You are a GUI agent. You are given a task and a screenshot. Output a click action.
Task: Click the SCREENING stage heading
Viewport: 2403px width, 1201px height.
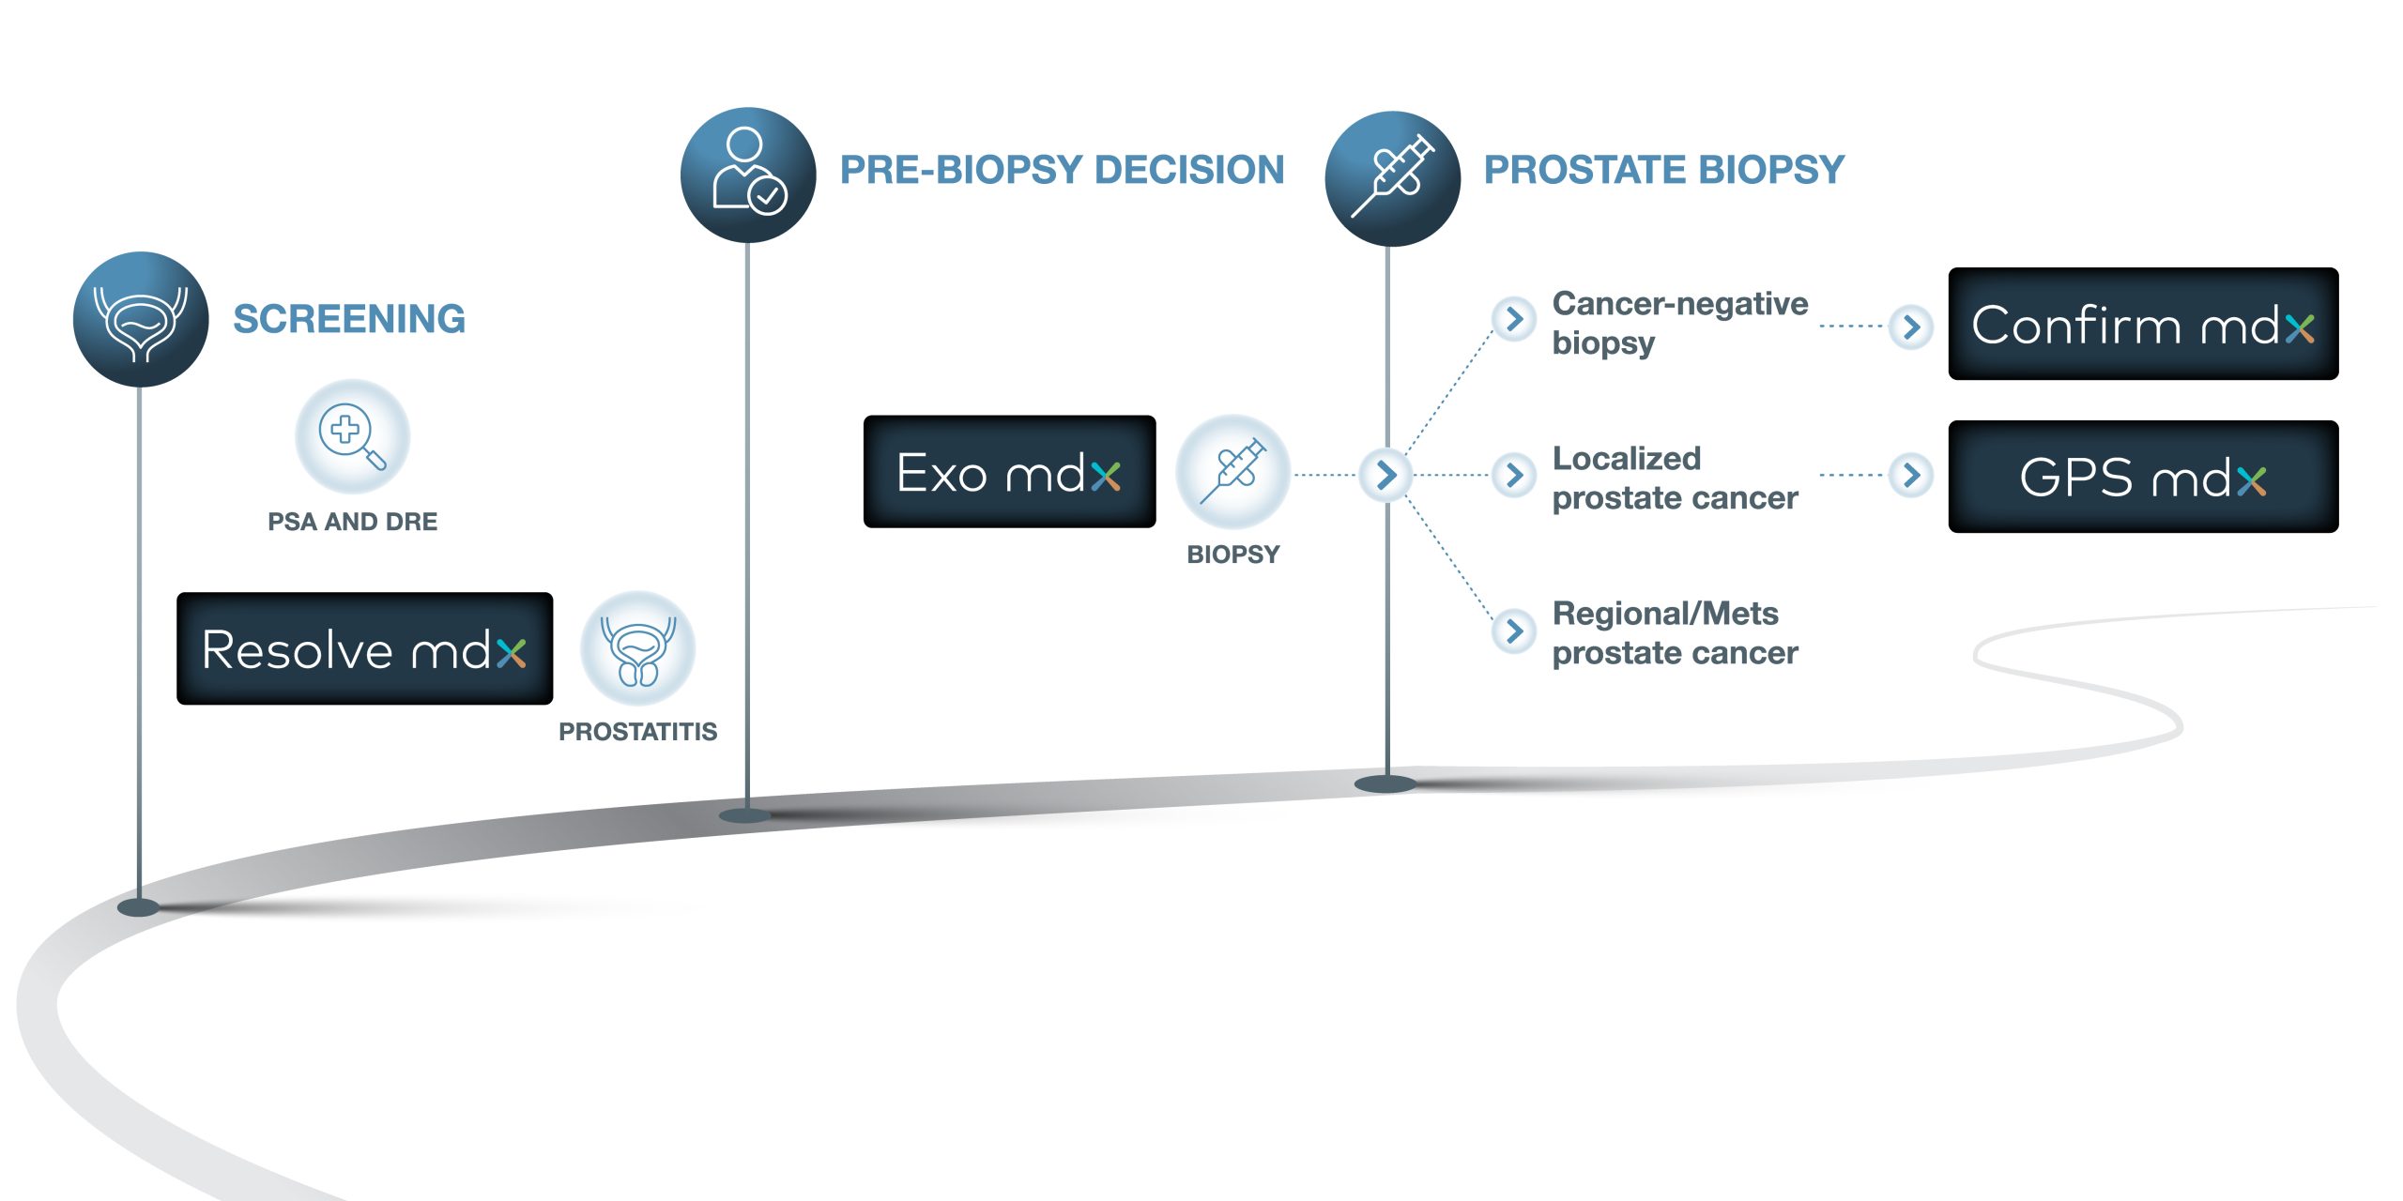coord(349,319)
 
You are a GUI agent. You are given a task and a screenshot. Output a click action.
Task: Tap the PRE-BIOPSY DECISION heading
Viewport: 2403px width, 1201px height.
coord(1062,170)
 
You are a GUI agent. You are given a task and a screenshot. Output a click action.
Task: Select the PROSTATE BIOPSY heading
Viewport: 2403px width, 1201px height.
coord(1663,170)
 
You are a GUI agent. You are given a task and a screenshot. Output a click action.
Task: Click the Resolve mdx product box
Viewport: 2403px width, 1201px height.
coord(364,648)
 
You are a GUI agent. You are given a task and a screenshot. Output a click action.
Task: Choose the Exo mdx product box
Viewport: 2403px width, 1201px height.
coord(1009,472)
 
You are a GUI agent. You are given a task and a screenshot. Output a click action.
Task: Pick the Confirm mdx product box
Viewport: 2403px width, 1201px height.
coord(2142,325)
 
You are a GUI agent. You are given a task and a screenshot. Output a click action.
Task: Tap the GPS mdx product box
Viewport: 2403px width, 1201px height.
coord(2142,477)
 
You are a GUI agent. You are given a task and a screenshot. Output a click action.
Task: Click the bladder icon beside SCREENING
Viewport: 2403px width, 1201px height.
coord(141,319)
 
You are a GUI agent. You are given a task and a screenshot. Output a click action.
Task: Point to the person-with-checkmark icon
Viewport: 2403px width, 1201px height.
coord(747,175)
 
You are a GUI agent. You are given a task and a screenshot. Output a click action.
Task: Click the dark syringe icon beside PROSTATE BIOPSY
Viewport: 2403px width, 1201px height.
coord(1392,179)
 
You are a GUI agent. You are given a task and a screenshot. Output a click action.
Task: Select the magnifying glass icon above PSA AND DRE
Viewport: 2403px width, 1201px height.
coord(352,436)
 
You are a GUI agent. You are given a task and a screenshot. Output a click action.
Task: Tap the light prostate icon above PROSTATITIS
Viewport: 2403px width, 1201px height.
coord(637,648)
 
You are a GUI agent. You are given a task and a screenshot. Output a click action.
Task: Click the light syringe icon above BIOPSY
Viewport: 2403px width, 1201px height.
coord(1232,472)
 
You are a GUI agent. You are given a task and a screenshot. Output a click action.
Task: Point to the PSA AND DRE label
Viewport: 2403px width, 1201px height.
coord(352,522)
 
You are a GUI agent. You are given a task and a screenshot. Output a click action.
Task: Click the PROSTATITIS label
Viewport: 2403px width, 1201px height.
coord(637,732)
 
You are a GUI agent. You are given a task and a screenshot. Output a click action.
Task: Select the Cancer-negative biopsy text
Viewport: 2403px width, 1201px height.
coord(1678,323)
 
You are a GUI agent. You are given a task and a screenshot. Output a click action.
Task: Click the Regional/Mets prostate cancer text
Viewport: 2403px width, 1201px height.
coord(1674,632)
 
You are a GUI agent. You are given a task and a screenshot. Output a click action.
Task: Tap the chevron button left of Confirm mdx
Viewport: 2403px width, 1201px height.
coord(1911,327)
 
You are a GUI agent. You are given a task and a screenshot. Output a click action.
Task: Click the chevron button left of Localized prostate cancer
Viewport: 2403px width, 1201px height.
coord(1514,475)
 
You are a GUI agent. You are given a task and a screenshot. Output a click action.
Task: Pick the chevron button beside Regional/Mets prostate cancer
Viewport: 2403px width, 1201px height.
coord(1514,630)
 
